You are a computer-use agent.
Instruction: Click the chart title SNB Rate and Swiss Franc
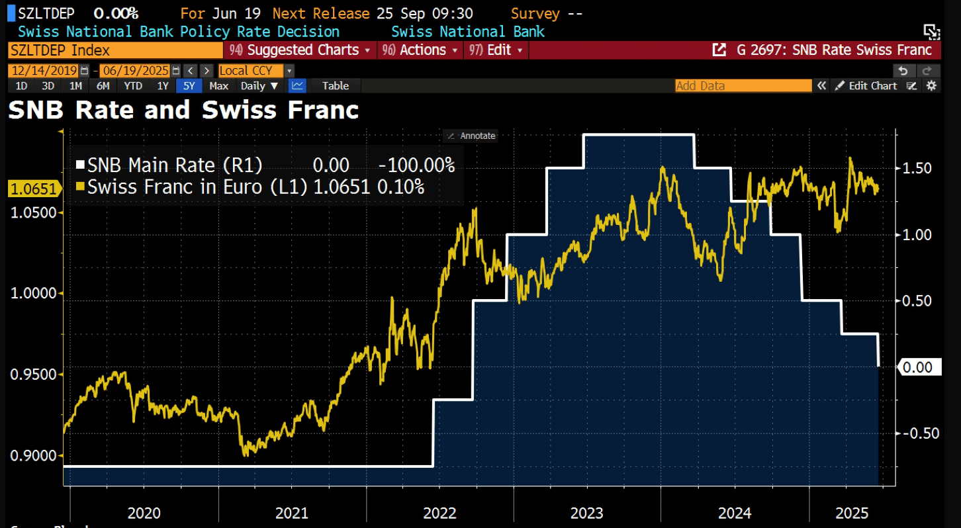[x=183, y=110]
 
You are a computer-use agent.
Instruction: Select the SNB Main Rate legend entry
[x=175, y=165]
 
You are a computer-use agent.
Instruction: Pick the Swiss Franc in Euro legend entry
[x=197, y=187]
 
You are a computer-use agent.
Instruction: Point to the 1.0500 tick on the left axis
[x=34, y=213]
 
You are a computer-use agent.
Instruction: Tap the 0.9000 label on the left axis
[x=34, y=456]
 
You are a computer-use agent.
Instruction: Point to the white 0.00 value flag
[x=919, y=367]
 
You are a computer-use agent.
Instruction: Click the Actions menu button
[x=420, y=50]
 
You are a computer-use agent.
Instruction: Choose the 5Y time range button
[x=189, y=86]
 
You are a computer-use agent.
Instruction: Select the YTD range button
[x=133, y=86]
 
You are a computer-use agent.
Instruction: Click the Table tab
[x=336, y=86]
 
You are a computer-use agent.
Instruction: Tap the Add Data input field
[x=743, y=86]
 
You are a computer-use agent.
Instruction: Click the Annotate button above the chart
[x=471, y=136]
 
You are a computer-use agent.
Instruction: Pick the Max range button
[x=218, y=86]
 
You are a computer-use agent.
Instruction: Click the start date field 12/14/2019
[x=44, y=71]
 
